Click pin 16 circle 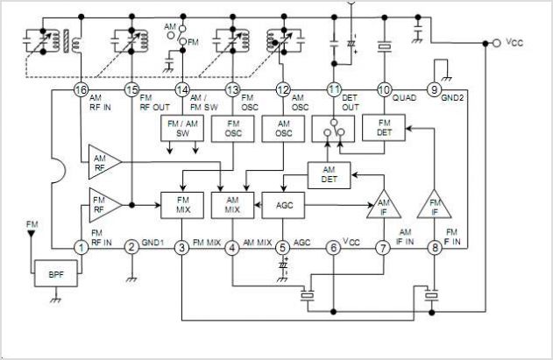[82, 90]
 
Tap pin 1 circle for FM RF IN [82, 248]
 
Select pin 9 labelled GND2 [434, 90]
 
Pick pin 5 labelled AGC [282, 248]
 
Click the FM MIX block [182, 205]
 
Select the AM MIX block [232, 205]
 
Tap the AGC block [283, 205]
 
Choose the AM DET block [329, 175]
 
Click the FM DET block [384, 128]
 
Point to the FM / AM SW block [182, 129]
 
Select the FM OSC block [233, 129]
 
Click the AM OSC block [284, 129]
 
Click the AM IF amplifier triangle [384, 204]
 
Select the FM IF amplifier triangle [434, 204]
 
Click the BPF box [56, 273]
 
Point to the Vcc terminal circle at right [497, 44]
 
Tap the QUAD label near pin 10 [405, 98]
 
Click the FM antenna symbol [32, 233]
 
